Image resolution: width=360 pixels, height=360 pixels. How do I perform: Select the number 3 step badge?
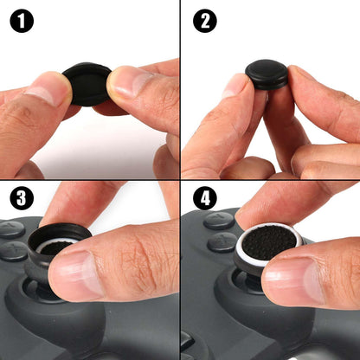(x=21, y=200)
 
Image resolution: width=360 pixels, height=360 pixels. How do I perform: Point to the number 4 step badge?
(x=203, y=200)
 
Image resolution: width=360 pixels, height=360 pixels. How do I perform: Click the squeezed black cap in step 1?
(x=87, y=85)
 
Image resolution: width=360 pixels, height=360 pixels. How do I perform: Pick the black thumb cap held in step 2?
(x=267, y=74)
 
